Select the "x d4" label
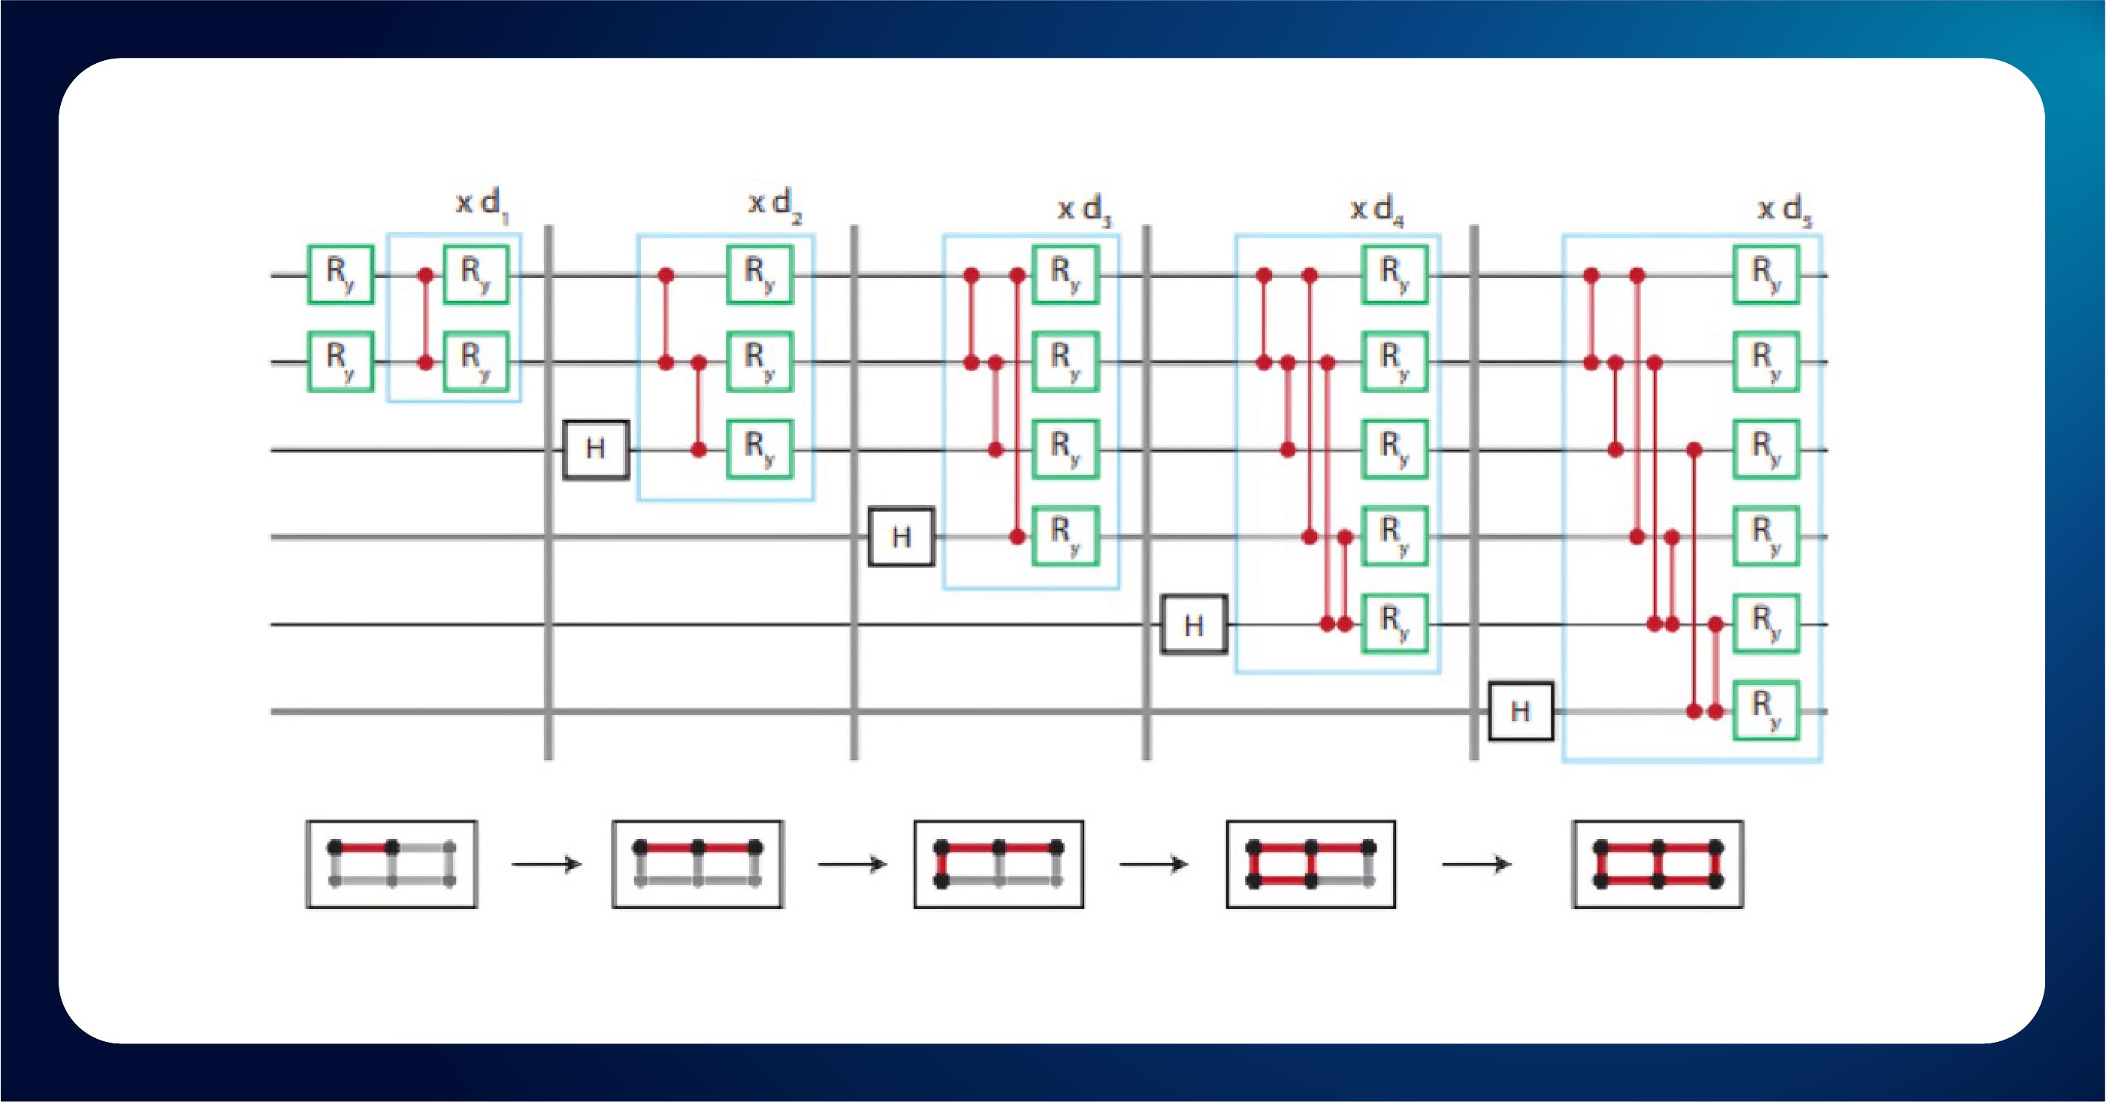[x=1376, y=210]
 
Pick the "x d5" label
[x=1784, y=210]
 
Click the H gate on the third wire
[x=596, y=448]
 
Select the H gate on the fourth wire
[x=901, y=537]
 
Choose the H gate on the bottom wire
[x=1521, y=711]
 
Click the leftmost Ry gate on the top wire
[x=340, y=275]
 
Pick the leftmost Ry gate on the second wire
[x=340, y=361]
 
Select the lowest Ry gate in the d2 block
[x=760, y=448]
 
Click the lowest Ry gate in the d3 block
[x=1065, y=536]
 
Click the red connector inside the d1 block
[x=425, y=319]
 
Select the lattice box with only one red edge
[x=391, y=864]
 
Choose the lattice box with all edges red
[x=1658, y=864]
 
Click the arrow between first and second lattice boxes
[x=546, y=864]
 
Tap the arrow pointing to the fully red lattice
[x=1476, y=864]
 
